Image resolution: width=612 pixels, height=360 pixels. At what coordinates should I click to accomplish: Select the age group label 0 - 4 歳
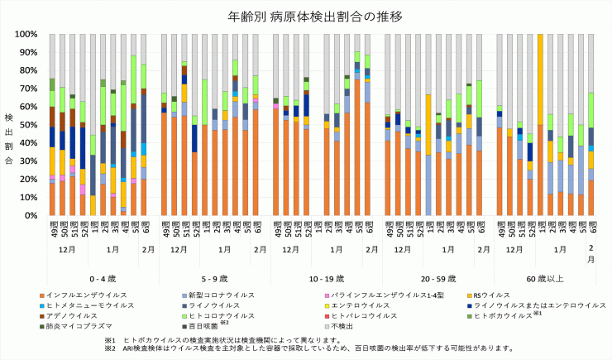(98, 279)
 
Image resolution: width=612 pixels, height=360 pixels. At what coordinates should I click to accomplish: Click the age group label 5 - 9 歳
(209, 279)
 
